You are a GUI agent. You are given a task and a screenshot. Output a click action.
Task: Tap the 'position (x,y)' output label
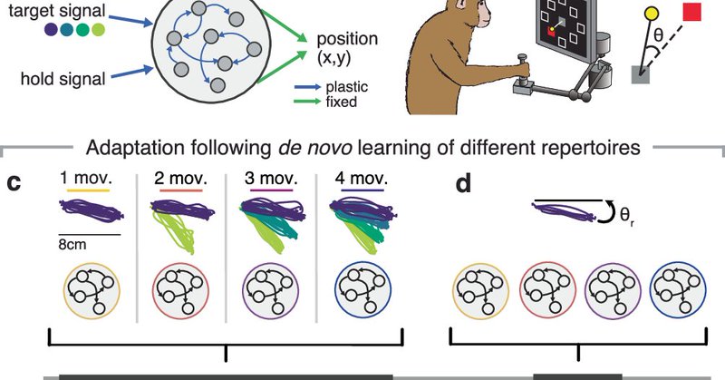click(x=347, y=49)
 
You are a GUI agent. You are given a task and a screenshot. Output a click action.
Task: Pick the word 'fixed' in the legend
click(x=343, y=103)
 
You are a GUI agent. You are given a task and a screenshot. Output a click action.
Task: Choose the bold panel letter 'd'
click(x=462, y=185)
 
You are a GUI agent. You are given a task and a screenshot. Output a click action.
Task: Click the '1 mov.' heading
click(x=85, y=176)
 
